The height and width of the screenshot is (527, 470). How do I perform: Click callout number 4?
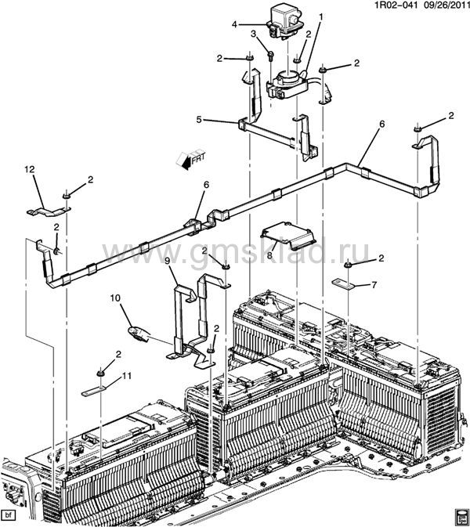tap(235, 24)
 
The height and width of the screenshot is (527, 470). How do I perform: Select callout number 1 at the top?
tap(321, 16)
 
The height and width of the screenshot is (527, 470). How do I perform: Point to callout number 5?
tap(200, 120)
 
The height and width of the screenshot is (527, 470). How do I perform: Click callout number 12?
tap(30, 169)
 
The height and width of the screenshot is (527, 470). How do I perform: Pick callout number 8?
tap(269, 255)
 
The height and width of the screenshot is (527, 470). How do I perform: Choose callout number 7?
tap(374, 285)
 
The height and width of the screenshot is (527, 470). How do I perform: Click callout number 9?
tap(168, 261)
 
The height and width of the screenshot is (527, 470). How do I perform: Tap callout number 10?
tap(115, 298)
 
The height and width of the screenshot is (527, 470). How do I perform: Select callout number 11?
tap(126, 376)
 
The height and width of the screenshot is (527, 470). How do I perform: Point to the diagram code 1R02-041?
tap(391, 5)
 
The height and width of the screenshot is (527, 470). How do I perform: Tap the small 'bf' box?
tap(9, 514)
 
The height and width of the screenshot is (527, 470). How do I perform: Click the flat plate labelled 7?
tap(344, 284)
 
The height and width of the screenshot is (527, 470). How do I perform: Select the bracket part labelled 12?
tap(49, 211)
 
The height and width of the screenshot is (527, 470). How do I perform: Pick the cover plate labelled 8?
tap(288, 235)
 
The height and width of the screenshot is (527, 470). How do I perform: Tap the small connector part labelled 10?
tap(138, 334)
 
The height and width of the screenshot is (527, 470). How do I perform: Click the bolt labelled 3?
tap(270, 55)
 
